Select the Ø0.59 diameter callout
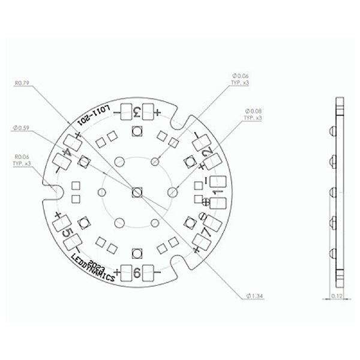(x=21, y=127)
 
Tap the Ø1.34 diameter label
(x=256, y=296)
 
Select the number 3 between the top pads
(x=137, y=112)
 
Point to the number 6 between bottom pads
(x=137, y=273)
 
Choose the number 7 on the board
(x=205, y=231)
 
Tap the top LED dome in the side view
(x=332, y=131)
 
